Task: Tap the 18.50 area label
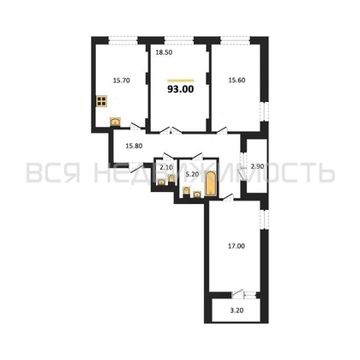coord(163,53)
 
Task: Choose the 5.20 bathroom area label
coord(192,174)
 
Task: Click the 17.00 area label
coord(236,247)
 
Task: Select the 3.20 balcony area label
coord(237,312)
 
